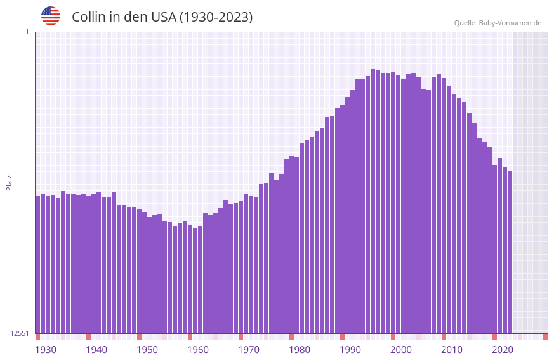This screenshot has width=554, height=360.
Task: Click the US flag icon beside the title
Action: [x=51, y=16]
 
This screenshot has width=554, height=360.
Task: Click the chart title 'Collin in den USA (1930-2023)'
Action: [x=162, y=17]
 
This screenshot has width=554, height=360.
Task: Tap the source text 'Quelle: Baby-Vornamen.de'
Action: [x=498, y=23]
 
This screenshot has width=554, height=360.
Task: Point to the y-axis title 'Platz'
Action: [x=9, y=182]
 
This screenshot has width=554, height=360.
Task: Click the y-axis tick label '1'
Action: [x=27, y=32]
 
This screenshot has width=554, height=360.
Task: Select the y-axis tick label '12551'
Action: [x=20, y=333]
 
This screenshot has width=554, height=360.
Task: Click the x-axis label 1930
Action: [x=46, y=350]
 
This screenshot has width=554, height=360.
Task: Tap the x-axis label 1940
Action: [x=96, y=350]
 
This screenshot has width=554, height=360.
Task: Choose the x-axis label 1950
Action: [x=147, y=350]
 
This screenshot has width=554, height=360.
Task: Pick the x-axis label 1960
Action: [x=198, y=350]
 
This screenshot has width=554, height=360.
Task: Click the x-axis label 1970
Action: [x=249, y=350]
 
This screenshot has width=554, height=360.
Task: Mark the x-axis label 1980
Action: [x=300, y=350]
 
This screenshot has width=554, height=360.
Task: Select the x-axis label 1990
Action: [x=350, y=350]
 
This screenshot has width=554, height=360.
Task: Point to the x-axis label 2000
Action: [x=401, y=350]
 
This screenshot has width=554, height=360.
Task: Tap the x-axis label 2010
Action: [x=452, y=350]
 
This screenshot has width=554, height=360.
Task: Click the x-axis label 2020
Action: [x=503, y=350]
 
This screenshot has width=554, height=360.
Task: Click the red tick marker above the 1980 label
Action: [x=291, y=337]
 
